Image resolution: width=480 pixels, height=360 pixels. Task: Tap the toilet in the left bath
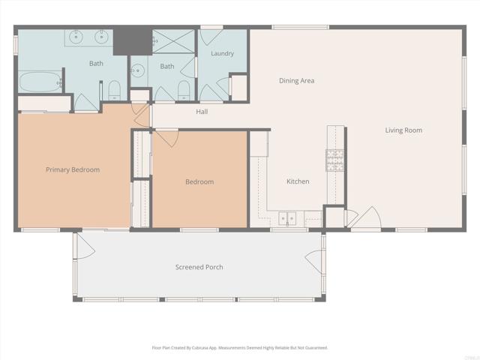coord(114,91)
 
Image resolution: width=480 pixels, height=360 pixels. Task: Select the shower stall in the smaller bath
coord(173,42)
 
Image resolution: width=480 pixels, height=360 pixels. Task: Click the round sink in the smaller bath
coord(137,71)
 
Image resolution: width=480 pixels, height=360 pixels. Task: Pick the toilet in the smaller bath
coord(183,90)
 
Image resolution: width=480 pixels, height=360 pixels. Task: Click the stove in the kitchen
coord(334,159)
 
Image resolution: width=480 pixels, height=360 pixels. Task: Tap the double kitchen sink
coord(287,219)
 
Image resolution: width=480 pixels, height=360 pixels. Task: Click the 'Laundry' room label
coord(222,54)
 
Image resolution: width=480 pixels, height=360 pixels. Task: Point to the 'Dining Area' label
coord(296,81)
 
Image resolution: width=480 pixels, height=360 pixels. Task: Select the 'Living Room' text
coord(403,130)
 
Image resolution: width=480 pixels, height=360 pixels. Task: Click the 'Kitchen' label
coord(298,181)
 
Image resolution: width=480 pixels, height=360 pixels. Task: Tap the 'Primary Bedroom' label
coord(73,170)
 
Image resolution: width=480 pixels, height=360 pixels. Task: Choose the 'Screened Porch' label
coord(199,267)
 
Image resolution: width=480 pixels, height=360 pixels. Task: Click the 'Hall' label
coord(202,112)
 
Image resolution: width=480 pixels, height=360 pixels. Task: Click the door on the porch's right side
coord(314,262)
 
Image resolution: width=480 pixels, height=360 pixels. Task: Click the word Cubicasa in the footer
coord(216,348)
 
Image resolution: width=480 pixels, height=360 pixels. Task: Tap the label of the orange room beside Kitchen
coord(199,182)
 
